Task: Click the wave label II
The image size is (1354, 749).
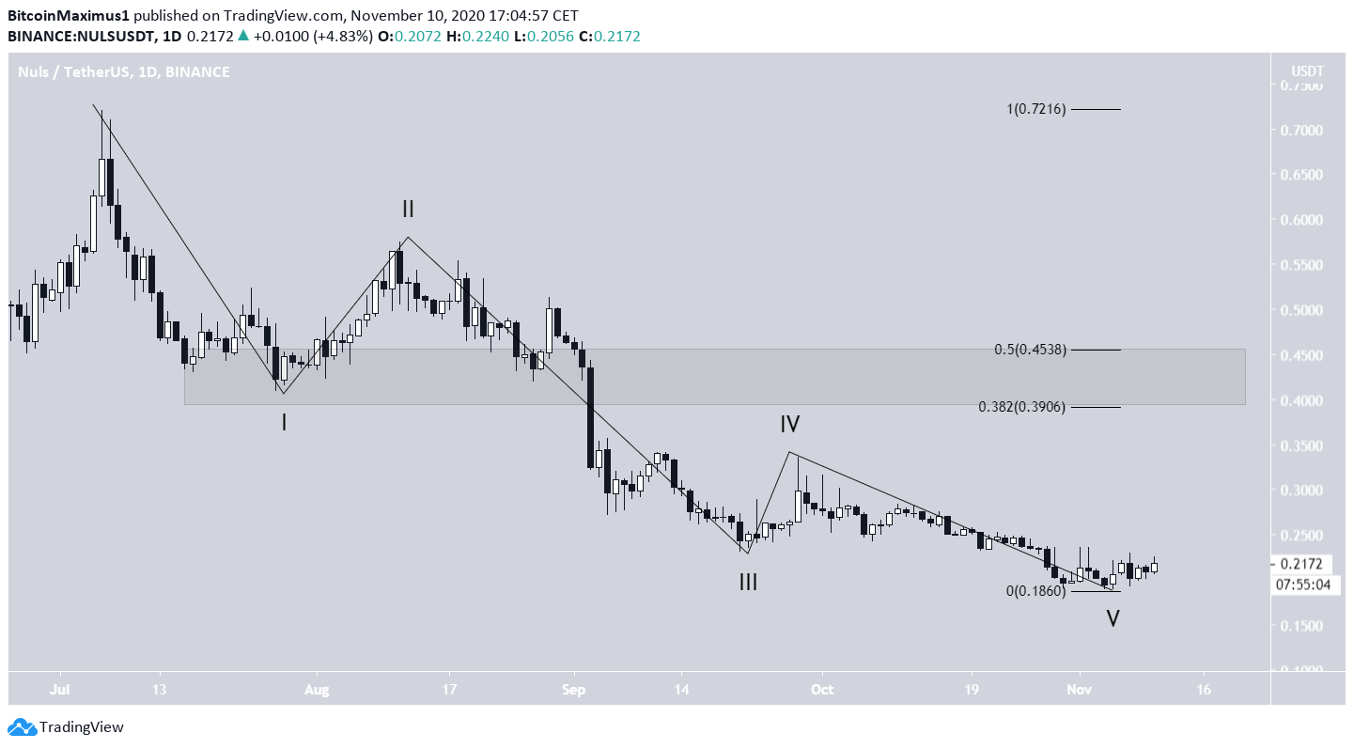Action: (408, 209)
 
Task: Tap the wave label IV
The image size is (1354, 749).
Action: (789, 425)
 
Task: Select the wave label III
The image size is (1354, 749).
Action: (748, 583)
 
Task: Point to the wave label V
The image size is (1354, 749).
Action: (1113, 619)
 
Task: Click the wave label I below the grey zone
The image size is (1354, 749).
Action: (284, 423)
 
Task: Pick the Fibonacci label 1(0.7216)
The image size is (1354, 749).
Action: (1035, 110)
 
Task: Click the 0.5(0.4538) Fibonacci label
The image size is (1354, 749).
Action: (1030, 350)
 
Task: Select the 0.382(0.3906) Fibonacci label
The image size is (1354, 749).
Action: (1022, 407)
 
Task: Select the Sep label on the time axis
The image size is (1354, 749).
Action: (575, 689)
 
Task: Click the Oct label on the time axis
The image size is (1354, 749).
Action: (822, 689)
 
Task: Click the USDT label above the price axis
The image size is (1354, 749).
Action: (1306, 71)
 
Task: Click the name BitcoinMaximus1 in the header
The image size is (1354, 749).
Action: (69, 16)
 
